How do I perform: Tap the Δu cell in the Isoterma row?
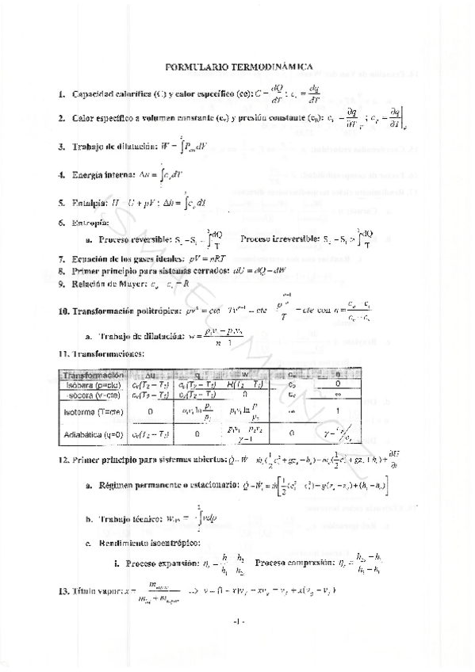[x=151, y=412]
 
